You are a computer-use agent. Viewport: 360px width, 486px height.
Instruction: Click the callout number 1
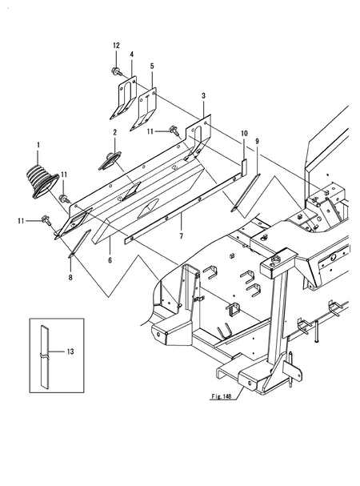pos(37,143)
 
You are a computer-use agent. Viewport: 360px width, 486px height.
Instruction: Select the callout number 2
pos(114,133)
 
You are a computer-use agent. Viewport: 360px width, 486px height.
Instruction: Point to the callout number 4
pos(131,54)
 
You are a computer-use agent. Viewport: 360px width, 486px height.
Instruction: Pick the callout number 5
pos(152,64)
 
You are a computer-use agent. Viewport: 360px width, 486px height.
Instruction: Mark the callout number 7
pos(182,237)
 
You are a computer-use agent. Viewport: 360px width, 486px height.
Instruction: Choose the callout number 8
pos(71,277)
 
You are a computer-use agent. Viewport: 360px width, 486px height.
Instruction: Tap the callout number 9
pos(257,142)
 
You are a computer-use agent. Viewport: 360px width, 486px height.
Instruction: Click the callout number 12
pos(115,45)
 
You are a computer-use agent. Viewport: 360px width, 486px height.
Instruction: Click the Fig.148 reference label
pos(209,395)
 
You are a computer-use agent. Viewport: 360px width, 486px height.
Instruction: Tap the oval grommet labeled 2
pos(109,159)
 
